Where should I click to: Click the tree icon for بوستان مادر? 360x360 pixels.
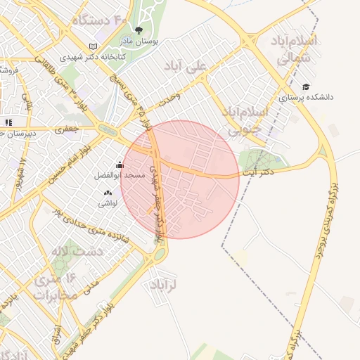tap(139, 30)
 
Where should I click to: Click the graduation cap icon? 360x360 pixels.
tap(307, 87)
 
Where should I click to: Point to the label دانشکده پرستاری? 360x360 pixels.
tap(310, 98)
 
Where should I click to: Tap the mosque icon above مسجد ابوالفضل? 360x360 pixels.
tap(120, 165)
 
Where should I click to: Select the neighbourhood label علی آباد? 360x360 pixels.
tap(186, 67)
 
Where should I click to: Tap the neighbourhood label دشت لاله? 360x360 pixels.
tap(79, 251)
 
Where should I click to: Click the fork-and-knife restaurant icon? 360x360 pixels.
tap(8, 122)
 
